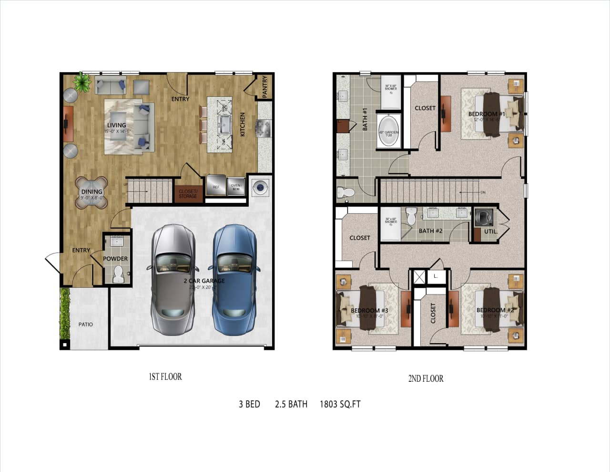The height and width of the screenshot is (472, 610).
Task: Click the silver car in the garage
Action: [x=173, y=279]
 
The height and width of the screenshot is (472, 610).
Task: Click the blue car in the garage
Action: [x=234, y=279]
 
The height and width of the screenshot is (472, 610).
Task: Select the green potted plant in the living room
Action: [x=82, y=82]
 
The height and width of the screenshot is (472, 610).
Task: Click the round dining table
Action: [x=91, y=192]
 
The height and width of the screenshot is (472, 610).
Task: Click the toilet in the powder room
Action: [x=118, y=274]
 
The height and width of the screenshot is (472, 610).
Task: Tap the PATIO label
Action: [x=86, y=325]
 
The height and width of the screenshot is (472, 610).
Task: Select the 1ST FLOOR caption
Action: [x=165, y=377]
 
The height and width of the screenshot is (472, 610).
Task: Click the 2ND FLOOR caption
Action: [x=426, y=378]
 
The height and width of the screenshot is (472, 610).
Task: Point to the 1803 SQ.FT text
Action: [x=340, y=404]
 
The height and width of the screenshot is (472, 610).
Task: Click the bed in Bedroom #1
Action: [x=491, y=115]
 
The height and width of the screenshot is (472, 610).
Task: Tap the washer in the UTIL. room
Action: [x=484, y=217]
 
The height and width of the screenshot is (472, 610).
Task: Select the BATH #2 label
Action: [x=430, y=231]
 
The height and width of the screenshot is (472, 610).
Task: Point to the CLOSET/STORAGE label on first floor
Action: [x=188, y=194]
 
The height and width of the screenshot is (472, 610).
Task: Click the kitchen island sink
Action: [x=223, y=126]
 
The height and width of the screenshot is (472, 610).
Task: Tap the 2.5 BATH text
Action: [x=291, y=404]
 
